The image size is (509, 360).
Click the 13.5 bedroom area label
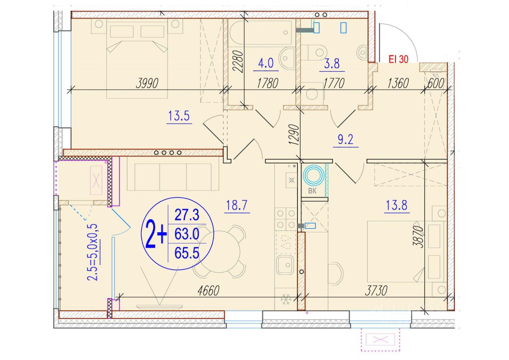pyautogui.click(x=179, y=116)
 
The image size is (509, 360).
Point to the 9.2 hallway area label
pyautogui.click(x=346, y=139)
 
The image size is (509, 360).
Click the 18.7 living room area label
pyautogui.click(x=237, y=205)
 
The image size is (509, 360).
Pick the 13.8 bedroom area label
pyautogui.click(x=396, y=205)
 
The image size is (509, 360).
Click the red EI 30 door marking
pyautogui.click(x=398, y=59)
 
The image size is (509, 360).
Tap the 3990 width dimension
pyautogui.click(x=147, y=83)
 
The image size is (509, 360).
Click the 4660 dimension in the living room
pyautogui.click(x=208, y=291)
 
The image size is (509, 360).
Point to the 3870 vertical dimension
pyautogui.click(x=418, y=236)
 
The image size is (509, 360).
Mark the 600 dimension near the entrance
pyautogui.click(x=435, y=83)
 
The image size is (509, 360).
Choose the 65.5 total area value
pyautogui.click(x=187, y=253)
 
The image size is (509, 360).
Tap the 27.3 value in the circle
pyautogui.click(x=187, y=215)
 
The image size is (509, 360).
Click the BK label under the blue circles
pyautogui.click(x=312, y=191)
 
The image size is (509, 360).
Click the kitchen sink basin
pyautogui.click(x=286, y=265)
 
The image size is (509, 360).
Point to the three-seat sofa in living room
pyautogui.click(x=173, y=174)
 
